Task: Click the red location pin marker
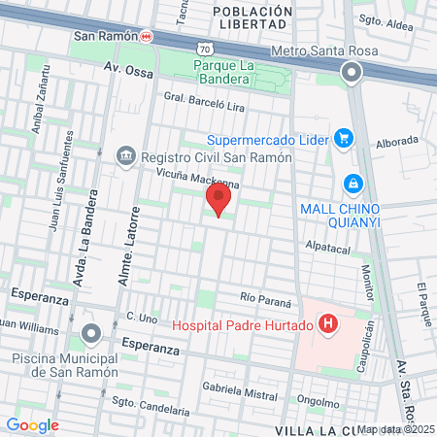tap(218, 201)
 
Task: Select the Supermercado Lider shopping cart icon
tap(342, 138)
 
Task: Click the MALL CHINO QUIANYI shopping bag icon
tap(352, 183)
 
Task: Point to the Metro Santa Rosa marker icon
tap(351, 73)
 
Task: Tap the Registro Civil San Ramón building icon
tap(125, 156)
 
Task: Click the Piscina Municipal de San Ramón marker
tap(91, 335)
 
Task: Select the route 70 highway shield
tap(203, 48)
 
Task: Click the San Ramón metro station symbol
tap(146, 37)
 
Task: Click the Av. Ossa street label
tap(123, 70)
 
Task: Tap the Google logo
tap(32, 424)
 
